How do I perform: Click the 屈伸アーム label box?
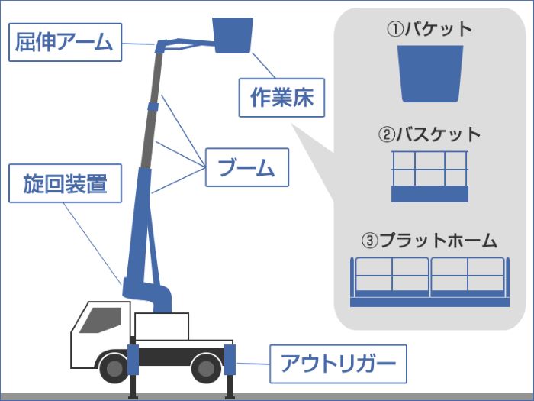(x=63, y=41)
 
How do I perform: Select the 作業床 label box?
(x=281, y=97)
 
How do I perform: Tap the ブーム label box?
(x=246, y=167)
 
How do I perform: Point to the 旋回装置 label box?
(x=66, y=183)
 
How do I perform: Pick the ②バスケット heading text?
(x=429, y=134)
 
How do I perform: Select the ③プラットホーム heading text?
(x=429, y=241)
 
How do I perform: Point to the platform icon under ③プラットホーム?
(x=429, y=281)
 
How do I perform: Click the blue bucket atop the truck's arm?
(x=233, y=35)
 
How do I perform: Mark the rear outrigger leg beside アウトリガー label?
(x=230, y=370)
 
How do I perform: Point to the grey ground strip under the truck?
(x=267, y=397)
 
